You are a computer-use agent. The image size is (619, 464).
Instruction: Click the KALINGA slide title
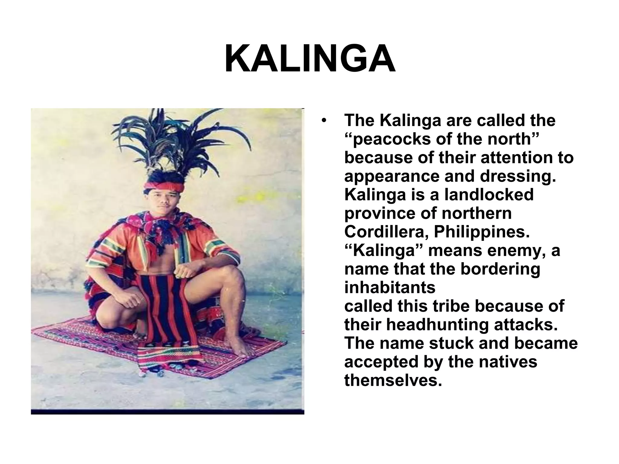(310, 59)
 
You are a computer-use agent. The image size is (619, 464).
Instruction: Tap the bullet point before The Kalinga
(324, 121)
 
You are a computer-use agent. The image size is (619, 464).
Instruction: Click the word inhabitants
(390, 288)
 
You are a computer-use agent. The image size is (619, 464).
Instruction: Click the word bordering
(500, 269)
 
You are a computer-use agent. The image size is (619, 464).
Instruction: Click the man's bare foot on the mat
(239, 347)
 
